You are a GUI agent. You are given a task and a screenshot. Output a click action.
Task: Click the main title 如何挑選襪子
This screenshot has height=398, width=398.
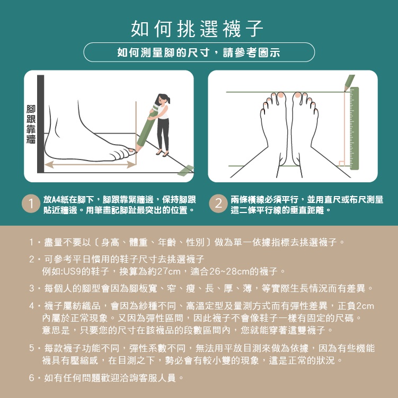tap(197, 29)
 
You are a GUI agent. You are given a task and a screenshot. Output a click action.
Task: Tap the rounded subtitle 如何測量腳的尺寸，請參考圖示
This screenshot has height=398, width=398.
tap(199, 52)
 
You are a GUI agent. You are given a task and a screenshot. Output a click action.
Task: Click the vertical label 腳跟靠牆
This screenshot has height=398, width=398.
tap(31, 124)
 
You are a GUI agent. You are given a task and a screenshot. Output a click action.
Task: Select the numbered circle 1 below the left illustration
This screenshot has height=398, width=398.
tap(31, 204)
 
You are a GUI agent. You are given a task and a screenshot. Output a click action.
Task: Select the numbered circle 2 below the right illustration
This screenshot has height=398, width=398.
tap(218, 204)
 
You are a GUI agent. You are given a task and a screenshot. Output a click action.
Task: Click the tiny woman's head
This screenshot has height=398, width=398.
tap(163, 99)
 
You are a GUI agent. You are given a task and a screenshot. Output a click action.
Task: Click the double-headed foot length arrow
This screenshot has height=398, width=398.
tap(91, 164)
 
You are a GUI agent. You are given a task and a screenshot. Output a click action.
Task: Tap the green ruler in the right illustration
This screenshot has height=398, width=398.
tap(355, 128)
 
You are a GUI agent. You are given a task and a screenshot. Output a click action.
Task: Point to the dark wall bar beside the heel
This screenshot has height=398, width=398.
tap(41, 124)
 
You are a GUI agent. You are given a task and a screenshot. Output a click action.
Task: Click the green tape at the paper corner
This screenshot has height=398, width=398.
tap(185, 170)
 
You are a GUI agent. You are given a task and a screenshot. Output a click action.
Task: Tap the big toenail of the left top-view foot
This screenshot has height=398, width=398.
tap(281, 95)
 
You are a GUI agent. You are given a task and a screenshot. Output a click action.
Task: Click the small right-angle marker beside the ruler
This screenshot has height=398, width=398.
tap(342, 163)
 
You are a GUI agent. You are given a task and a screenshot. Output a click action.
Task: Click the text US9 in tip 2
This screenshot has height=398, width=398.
tap(72, 271)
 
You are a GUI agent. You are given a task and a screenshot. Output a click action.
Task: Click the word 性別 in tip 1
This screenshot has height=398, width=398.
tap(196, 242)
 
